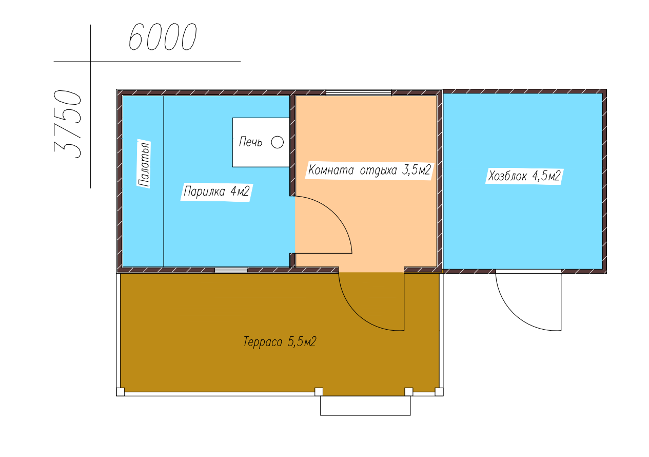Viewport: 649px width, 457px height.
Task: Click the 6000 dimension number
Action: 163,36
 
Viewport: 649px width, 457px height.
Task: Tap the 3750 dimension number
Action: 67,124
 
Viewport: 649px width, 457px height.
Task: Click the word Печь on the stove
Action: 250,142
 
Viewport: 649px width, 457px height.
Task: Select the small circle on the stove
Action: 277,142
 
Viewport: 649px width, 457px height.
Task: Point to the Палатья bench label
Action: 144,164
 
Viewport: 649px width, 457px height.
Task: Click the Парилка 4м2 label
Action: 217,192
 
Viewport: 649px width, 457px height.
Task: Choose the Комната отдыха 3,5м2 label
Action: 370,170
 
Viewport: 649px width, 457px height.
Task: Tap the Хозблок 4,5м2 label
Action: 524,176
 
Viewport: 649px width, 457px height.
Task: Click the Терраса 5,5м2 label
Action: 280,341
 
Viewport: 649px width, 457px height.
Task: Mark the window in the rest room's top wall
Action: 359,93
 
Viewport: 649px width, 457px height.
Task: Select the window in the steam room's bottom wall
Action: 231,270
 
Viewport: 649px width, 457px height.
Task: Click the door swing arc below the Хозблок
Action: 519,313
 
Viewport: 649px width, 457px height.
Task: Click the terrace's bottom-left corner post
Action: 121,392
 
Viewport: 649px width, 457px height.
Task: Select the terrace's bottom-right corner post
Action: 439,392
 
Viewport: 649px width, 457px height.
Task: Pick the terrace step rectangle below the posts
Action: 365,406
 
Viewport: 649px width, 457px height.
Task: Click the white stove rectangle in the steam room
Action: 261,142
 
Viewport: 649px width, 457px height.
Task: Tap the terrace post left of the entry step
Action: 319,392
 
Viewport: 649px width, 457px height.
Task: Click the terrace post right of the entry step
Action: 408,392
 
